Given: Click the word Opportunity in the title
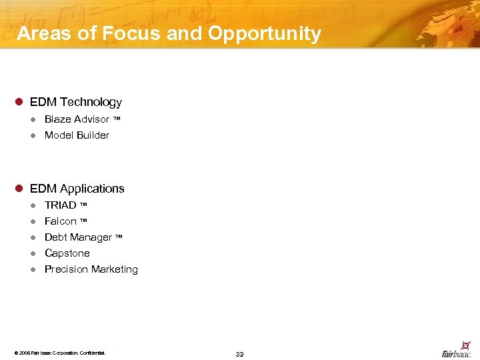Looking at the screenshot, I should (265, 34).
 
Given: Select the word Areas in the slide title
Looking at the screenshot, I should (43, 34).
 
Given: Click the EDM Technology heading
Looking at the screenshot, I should (76, 102).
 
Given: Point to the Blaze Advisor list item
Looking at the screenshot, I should (77, 119).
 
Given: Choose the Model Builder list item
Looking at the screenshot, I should (77, 135).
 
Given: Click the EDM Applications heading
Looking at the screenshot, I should (77, 189).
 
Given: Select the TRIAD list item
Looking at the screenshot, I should (61, 205).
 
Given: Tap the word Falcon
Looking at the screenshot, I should (61, 221).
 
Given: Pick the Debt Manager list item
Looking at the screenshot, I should (78, 237).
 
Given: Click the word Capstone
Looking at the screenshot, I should (67, 253).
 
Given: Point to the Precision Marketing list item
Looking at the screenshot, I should (91, 269).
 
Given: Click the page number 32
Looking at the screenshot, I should (239, 354).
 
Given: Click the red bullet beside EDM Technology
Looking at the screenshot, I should (19, 102).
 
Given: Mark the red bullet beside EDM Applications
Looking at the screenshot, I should (19, 189).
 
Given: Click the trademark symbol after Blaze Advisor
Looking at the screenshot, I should (117, 119).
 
